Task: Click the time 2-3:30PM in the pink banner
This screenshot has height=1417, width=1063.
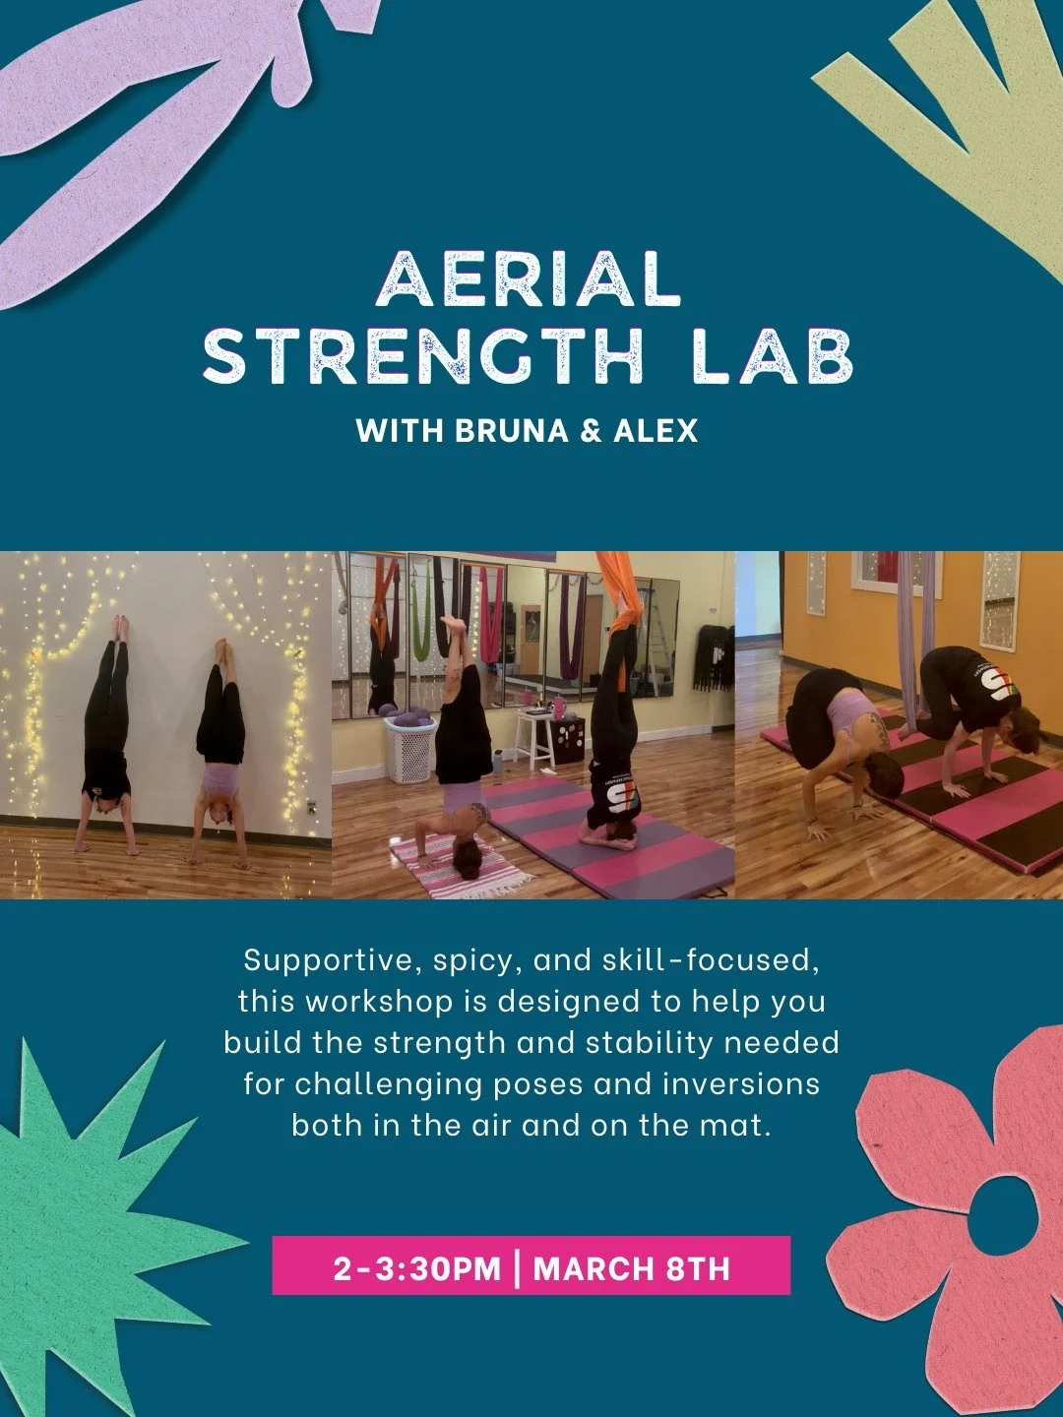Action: click(417, 1267)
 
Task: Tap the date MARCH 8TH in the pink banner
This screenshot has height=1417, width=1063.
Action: click(632, 1267)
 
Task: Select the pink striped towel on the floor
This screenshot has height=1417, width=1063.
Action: click(463, 866)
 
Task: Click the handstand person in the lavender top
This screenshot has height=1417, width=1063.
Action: click(220, 748)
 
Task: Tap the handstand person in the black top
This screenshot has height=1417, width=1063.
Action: click(106, 738)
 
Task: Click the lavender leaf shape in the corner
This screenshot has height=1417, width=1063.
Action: click(148, 98)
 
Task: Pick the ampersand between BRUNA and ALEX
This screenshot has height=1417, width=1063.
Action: click(591, 431)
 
